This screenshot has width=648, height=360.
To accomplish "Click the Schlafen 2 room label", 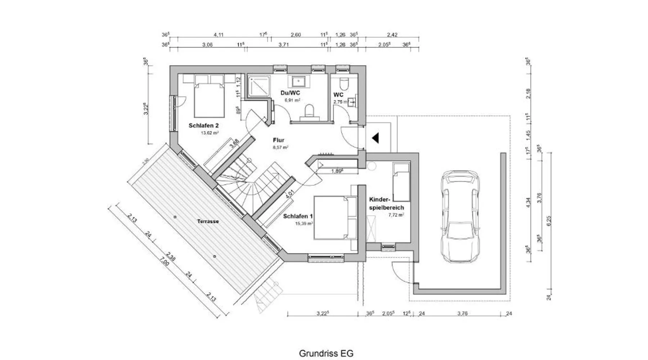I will click(203, 126).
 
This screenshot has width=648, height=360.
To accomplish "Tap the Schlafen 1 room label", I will click(298, 216).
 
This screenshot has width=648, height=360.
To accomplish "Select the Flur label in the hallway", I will click(278, 140).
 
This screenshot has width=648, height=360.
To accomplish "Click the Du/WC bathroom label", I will click(290, 93).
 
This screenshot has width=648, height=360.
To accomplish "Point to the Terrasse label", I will click(208, 221).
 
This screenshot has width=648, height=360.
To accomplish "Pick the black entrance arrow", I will click(375, 138).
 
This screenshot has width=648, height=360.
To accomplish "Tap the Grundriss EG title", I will click(326, 353).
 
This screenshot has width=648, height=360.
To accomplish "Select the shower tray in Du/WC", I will click(259, 86).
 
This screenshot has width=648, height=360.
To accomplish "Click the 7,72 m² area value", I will click(396, 215).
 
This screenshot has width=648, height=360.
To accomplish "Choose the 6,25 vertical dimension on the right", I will click(549, 220).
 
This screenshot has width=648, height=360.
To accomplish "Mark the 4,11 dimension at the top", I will click(219, 35).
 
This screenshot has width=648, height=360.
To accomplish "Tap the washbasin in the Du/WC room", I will click(298, 81).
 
